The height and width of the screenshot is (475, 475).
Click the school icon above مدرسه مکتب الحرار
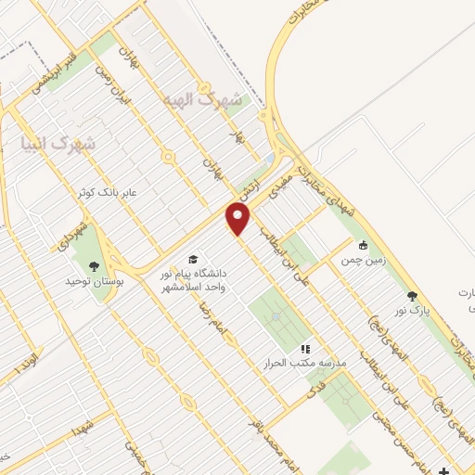(304, 349)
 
